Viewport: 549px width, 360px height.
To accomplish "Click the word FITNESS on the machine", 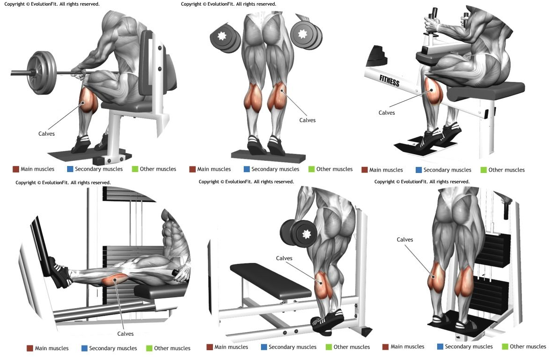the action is coord(389,81).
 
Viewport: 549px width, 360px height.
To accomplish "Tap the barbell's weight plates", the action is coord(41,73).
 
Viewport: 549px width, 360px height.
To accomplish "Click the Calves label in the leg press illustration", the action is coord(125,334).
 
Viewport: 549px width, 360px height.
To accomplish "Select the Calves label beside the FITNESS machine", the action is coord(386,113).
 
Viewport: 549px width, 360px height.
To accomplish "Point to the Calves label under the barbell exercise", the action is coord(46,134).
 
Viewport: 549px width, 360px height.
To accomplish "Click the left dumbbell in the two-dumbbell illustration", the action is coord(225,37).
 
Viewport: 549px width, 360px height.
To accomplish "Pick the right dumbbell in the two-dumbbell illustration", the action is coord(307,35).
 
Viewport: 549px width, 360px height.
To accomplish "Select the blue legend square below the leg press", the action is coord(84,348).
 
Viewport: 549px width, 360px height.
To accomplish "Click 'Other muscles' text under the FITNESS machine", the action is coord(506,170).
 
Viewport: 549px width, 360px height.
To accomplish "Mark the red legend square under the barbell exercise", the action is coord(16,169).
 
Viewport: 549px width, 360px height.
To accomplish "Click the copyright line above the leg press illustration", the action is coord(63,182).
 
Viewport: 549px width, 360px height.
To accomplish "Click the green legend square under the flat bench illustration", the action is coord(329,347).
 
